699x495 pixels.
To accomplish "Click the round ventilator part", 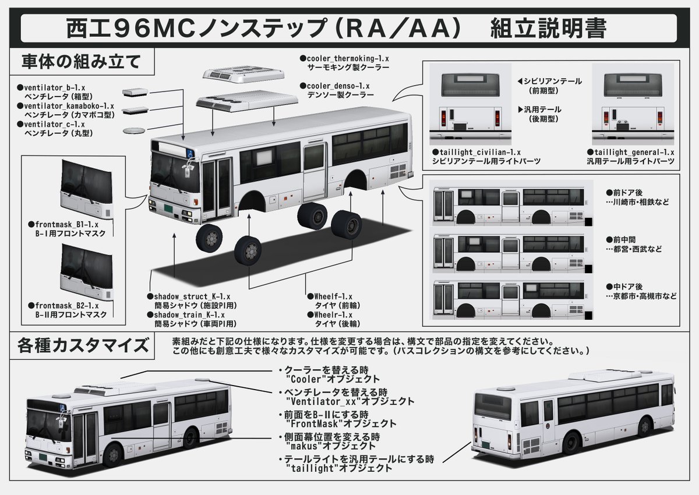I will [136, 129].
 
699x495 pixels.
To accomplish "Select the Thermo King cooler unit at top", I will [243, 75].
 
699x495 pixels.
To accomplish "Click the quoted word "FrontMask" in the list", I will [311, 424].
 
